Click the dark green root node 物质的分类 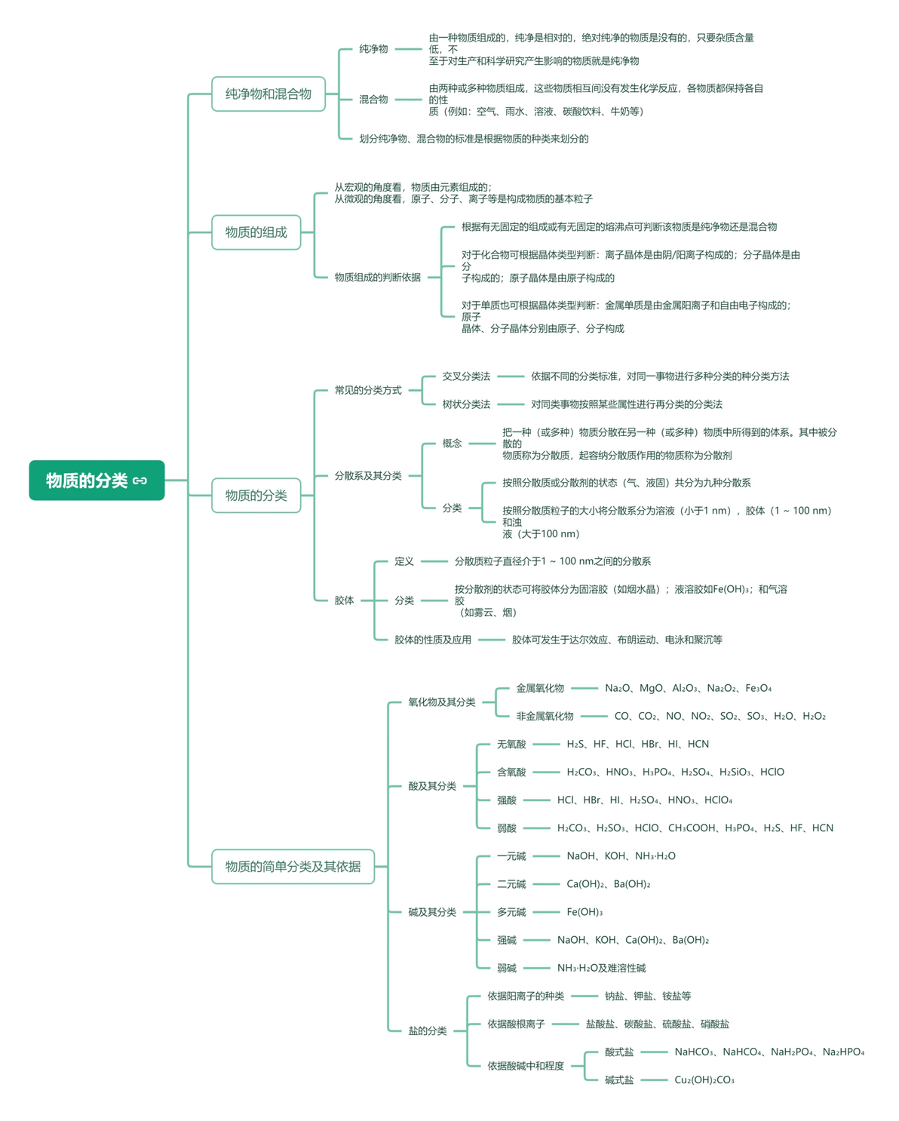(97, 480)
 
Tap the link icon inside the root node (140, 481)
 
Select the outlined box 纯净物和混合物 (268, 94)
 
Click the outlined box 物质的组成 (256, 232)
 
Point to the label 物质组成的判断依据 (377, 277)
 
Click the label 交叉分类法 (466, 376)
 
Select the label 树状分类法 (466, 404)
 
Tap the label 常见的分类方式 (368, 390)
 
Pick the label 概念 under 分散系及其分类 (452, 444)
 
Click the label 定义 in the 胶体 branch (403, 561)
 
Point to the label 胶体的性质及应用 (432, 640)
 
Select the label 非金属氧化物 (545, 716)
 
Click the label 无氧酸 (511, 744)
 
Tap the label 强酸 (506, 800)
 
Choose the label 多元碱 (511, 912)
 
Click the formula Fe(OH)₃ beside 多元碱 (585, 912)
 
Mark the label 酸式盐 (618, 1052)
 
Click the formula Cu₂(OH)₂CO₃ (704, 1080)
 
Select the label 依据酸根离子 (516, 1024)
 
